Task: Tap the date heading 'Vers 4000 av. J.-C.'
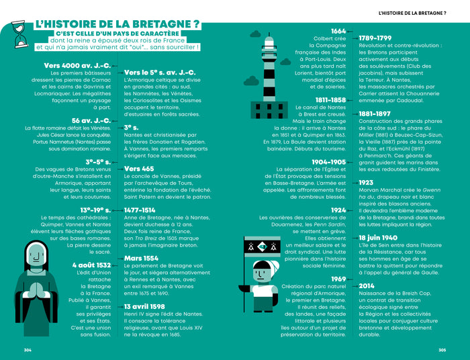[80, 65]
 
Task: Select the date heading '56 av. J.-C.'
[91, 120]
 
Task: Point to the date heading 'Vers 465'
[139, 169]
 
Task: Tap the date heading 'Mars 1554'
[142, 258]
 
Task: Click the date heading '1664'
[338, 31]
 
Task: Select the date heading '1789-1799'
[375, 38]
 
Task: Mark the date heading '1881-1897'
[375, 114]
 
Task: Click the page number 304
[28, 349]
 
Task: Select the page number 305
[442, 349]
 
